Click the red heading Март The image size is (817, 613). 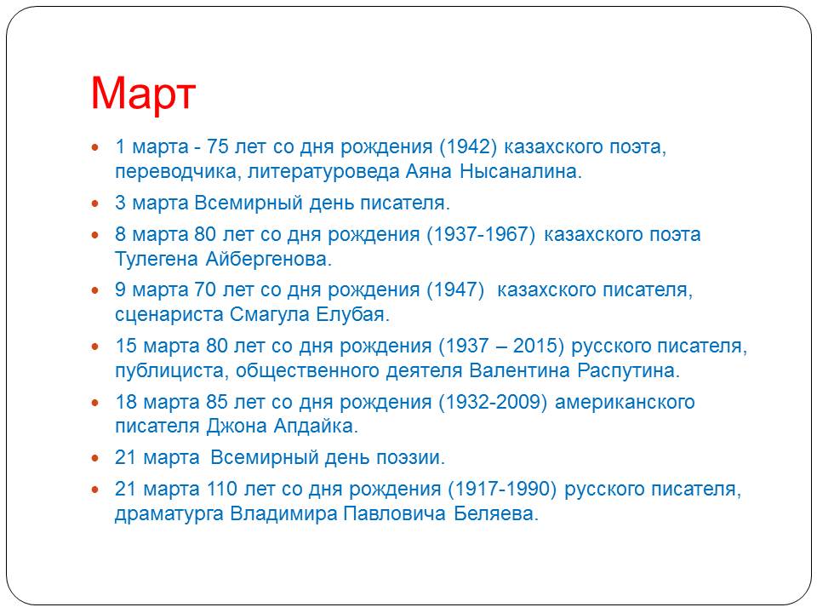point(143,94)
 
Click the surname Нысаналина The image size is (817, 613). point(521,171)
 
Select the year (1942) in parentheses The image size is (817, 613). point(468,146)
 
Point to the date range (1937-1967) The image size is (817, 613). point(481,234)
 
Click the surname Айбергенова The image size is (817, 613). point(269,259)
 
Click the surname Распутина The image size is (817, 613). point(628,370)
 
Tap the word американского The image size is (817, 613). point(625,403)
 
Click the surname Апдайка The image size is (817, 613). point(316,427)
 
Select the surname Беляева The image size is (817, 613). point(496,514)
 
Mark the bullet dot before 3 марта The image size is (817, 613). point(94,203)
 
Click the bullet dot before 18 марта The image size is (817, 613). point(94,403)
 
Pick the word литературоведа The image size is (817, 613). point(323,171)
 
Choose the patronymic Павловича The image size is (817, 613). point(394,514)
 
